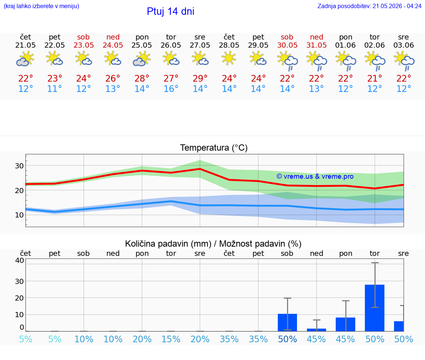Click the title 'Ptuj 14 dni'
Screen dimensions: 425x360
pos(170,11)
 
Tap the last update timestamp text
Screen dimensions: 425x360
pos(369,6)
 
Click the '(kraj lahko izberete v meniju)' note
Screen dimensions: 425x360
pos(41,6)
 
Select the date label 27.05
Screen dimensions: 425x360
pos(200,45)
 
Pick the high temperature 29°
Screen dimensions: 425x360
pos(200,78)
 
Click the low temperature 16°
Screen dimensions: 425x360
pos(171,89)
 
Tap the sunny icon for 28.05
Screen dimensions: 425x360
pos(229,59)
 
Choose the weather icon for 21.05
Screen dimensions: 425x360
pos(25,59)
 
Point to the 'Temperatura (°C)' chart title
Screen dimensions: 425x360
pos(214,148)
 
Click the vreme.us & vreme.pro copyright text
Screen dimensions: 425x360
pos(315,176)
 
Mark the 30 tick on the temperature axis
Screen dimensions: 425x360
pos(19,165)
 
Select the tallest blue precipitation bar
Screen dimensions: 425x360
pos(374,308)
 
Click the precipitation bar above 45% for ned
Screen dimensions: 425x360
pos(316,330)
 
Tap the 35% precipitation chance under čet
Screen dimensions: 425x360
pos(229,339)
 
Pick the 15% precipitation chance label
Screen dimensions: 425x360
pos(171,339)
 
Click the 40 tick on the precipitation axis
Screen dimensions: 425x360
pos(20,260)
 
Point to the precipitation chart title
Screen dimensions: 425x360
pos(213,244)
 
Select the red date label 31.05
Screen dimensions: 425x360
pos(316,45)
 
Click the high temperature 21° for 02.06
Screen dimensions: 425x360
pos(374,78)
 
